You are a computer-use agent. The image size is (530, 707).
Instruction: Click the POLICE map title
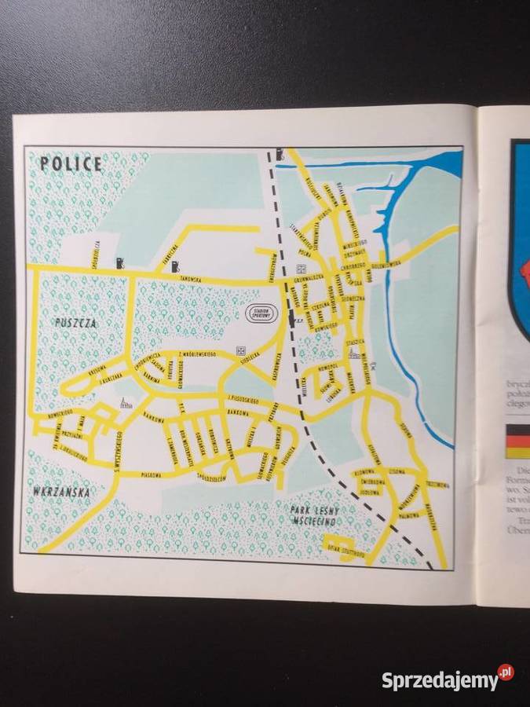pos(71,164)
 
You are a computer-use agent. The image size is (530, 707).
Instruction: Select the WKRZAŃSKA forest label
pos(61,492)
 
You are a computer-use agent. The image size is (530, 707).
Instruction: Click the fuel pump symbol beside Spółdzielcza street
pos(120,262)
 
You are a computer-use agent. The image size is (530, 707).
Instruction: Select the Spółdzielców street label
pos(212,478)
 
